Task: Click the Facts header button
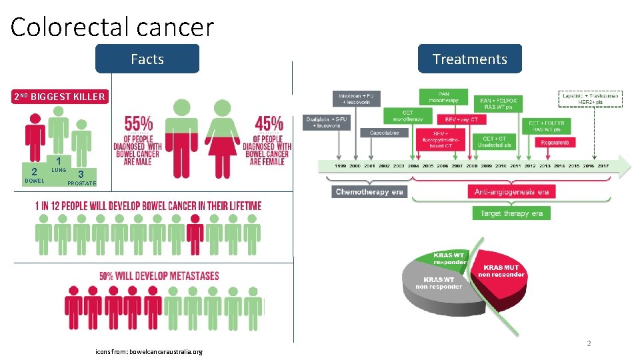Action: [147, 59]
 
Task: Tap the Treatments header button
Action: [469, 59]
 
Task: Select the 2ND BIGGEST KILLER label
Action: [60, 97]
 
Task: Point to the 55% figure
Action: [139, 124]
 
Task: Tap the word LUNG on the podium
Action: [59, 171]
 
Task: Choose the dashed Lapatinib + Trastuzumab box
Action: [590, 99]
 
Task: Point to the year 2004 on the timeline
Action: [413, 166]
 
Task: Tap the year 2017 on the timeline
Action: [603, 166]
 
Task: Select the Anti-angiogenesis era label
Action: [511, 192]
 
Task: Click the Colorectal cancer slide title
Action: [112, 27]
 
